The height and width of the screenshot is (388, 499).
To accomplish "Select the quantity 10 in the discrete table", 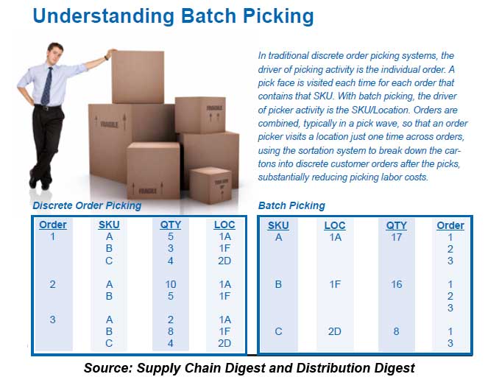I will pos(171,284).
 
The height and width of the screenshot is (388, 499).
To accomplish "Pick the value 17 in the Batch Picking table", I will pos(396,237).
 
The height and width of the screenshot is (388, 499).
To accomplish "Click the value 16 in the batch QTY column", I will pos(396,284).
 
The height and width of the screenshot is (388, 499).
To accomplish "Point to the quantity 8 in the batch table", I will pos(396,331).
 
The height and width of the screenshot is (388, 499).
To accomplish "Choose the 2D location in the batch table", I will pos(335,331).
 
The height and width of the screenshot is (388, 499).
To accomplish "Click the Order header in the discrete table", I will pos(52,225).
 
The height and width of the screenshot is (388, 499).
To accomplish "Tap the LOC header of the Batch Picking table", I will pos(335,225).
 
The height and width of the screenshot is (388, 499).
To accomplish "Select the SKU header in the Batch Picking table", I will pos(278,225).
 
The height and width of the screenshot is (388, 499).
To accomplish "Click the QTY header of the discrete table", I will pos(171,225).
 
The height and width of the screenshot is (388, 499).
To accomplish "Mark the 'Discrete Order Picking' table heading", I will pos(87,206).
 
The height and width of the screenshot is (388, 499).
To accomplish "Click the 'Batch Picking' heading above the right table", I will pos(291,206).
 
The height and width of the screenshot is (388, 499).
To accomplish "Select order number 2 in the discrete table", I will pos(52,284).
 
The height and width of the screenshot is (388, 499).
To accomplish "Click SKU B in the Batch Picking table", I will pos(278,284).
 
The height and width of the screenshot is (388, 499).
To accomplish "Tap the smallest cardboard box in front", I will pos(210,184).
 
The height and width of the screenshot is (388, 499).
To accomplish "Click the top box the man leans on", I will pos(138,77).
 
